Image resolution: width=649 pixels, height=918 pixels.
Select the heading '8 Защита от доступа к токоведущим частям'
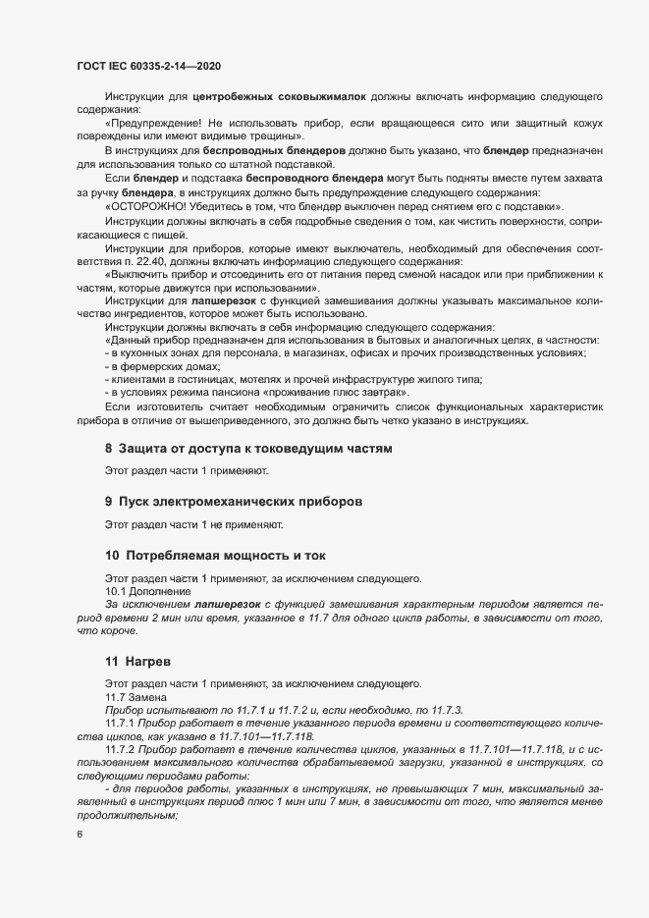248,449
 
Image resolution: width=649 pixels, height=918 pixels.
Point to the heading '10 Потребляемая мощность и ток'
218,554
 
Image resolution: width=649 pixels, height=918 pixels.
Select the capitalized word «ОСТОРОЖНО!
147,207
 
